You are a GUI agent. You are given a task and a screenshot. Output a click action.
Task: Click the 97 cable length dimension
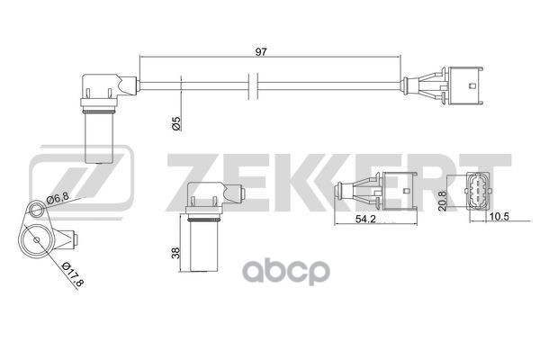coord(262,52)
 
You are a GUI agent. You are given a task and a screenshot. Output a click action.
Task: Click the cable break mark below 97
coord(253,87)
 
